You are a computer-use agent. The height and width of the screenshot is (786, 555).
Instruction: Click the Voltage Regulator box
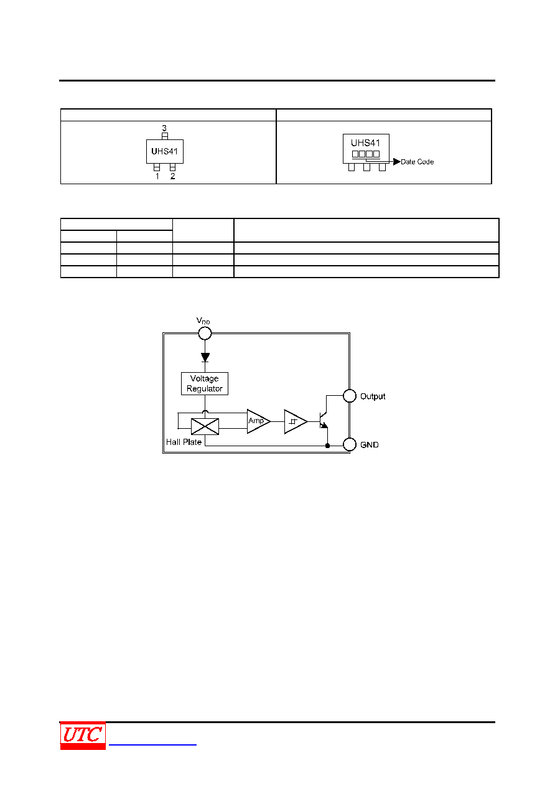coord(205,383)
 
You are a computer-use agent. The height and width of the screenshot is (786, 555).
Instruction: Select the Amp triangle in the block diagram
coord(259,421)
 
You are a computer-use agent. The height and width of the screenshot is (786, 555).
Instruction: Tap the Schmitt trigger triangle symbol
coord(296,421)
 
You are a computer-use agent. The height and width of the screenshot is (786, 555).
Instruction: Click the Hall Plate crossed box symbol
coord(205,426)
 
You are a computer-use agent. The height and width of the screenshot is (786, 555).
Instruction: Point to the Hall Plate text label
coord(184,442)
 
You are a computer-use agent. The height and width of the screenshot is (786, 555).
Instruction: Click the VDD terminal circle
coord(205,333)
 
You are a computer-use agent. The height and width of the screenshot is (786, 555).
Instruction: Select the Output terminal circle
coord(350,396)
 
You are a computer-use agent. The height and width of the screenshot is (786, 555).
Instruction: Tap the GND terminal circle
coord(350,444)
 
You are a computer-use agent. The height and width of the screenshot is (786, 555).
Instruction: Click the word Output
coord(373,396)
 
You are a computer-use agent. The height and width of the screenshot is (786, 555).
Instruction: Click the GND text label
coord(370,445)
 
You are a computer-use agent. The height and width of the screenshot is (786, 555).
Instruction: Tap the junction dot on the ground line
coord(328,446)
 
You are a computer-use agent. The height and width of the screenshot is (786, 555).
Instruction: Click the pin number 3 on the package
coord(164,128)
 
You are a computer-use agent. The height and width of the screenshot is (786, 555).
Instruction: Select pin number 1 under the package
coord(157,176)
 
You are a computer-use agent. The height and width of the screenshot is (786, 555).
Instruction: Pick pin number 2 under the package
coord(172,176)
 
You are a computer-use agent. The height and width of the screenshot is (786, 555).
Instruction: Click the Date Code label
coord(417,162)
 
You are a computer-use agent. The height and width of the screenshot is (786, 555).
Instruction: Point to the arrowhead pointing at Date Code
coord(397,161)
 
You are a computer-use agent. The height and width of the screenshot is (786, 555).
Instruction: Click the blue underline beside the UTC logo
coord(152,744)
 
